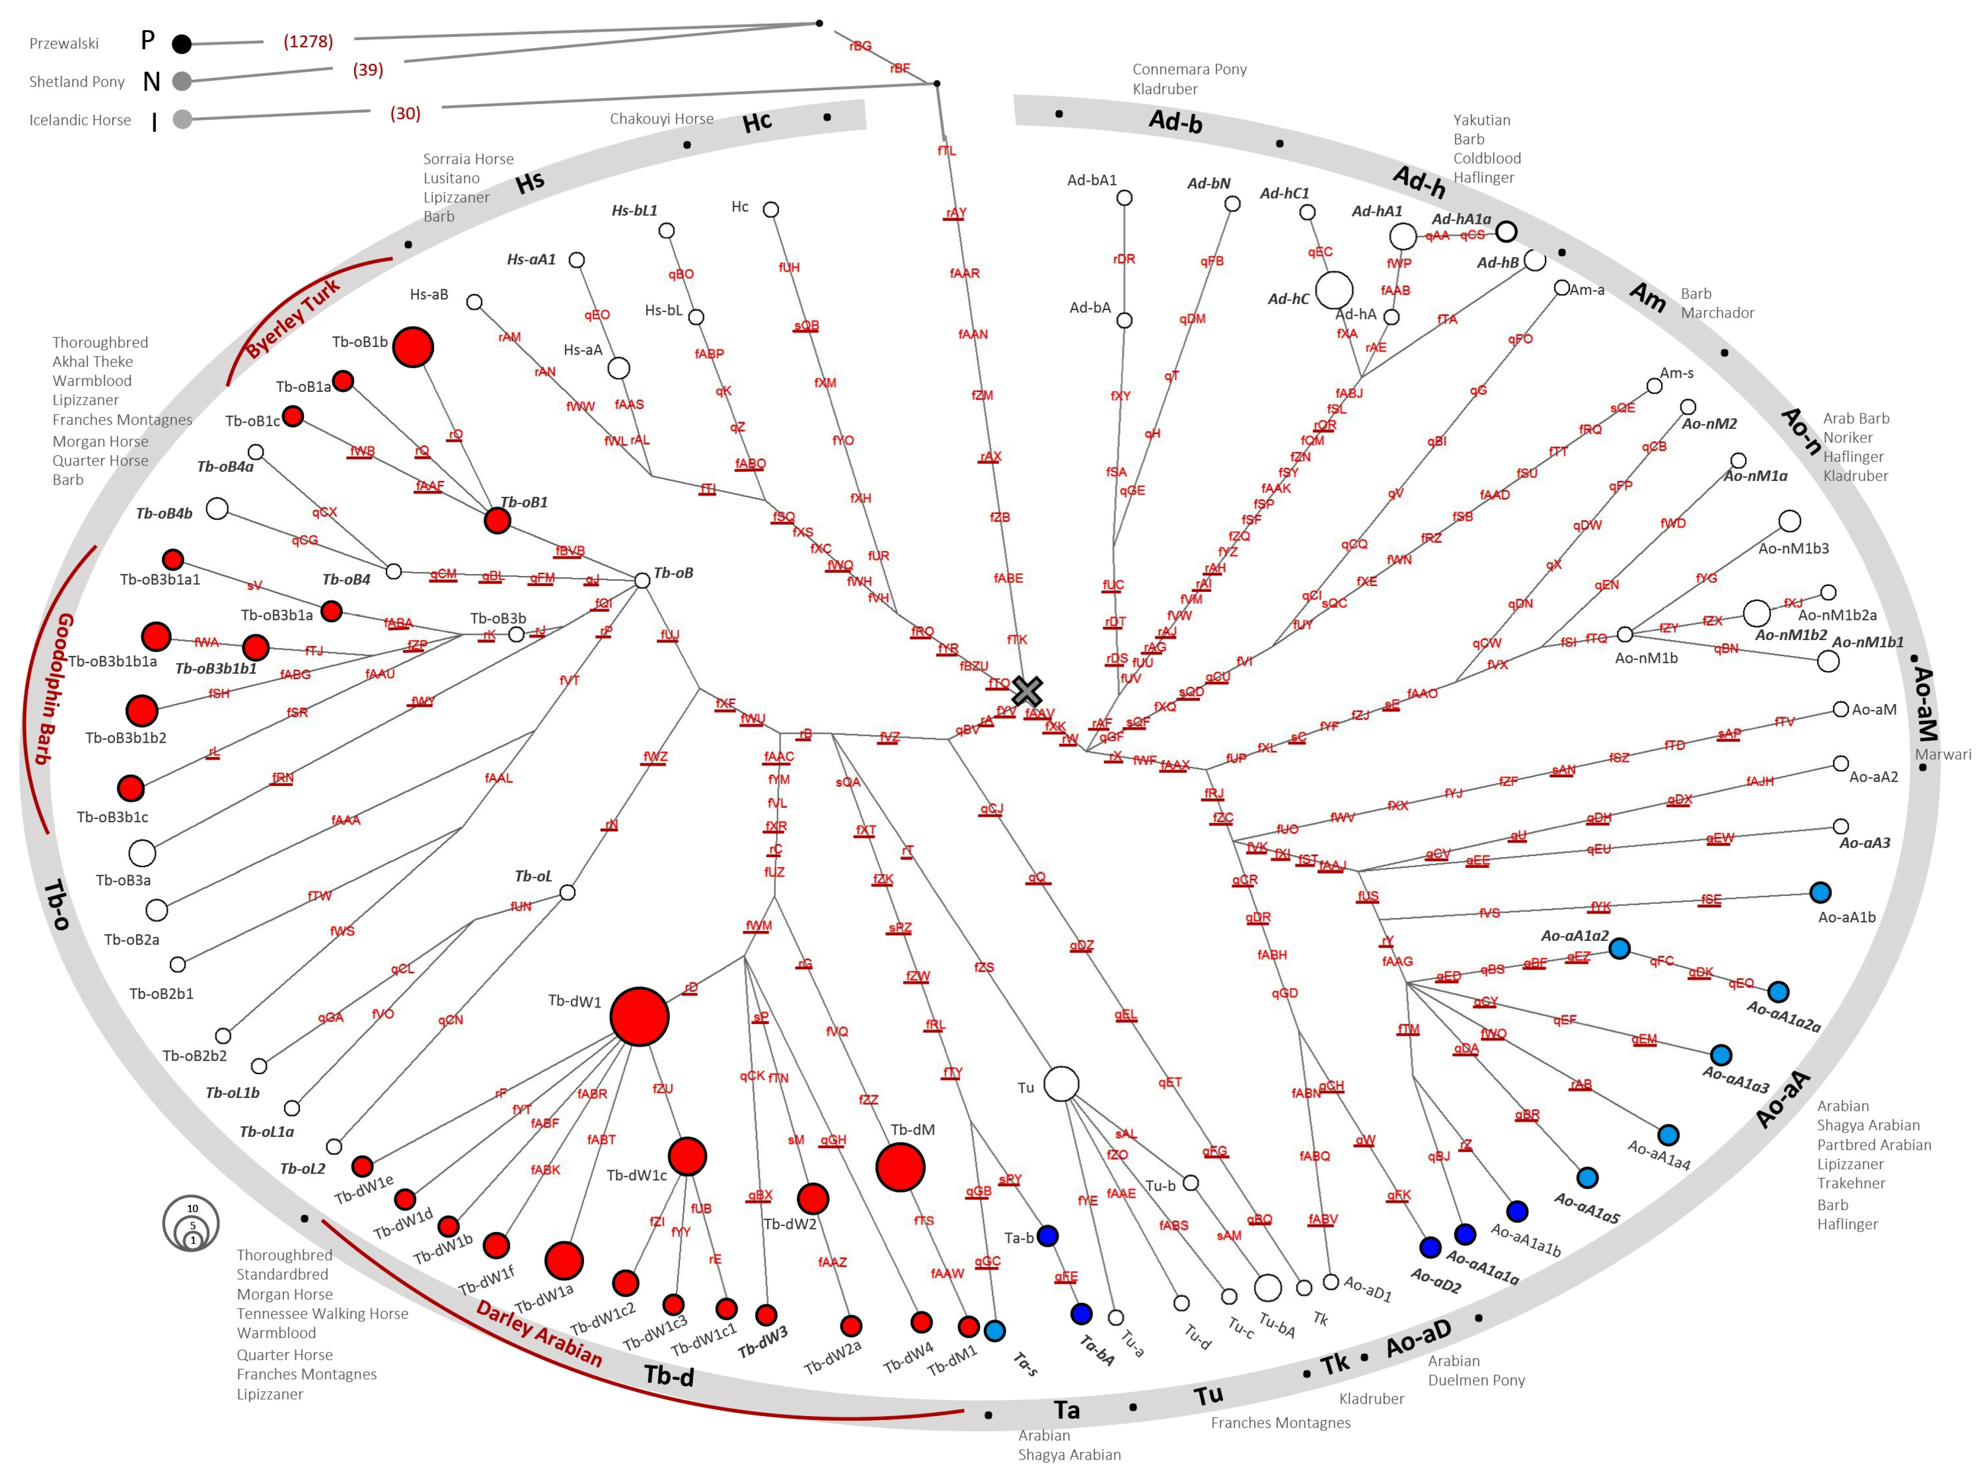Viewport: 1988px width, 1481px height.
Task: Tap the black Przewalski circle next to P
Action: [182, 43]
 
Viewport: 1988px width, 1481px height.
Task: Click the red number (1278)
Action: [307, 41]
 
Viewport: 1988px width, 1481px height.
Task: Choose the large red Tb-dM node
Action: [900, 1167]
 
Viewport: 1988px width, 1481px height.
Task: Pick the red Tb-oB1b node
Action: [412, 347]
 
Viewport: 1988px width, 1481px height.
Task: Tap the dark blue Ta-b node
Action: [1047, 1236]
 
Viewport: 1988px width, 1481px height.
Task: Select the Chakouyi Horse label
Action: [661, 118]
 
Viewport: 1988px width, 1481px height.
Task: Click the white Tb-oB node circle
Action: [642, 581]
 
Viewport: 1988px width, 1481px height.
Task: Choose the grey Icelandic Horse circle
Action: [182, 119]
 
